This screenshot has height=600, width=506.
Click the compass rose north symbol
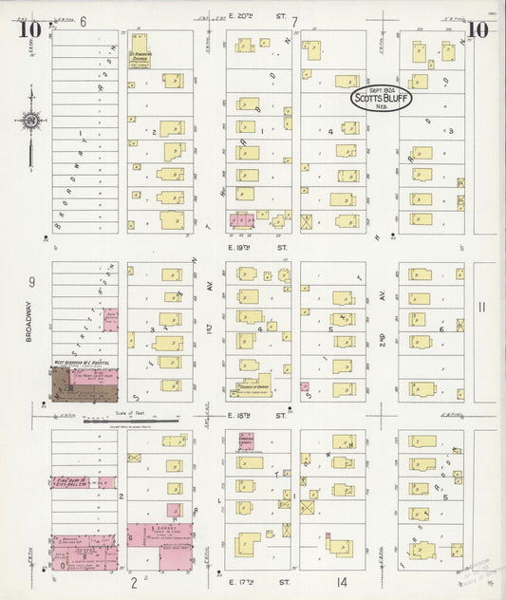tap(32, 121)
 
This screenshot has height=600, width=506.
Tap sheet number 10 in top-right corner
tap(478, 28)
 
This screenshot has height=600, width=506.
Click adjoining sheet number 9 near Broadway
tap(31, 281)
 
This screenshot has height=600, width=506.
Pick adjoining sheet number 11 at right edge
tap(481, 306)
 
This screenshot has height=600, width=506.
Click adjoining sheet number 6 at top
tap(84, 21)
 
